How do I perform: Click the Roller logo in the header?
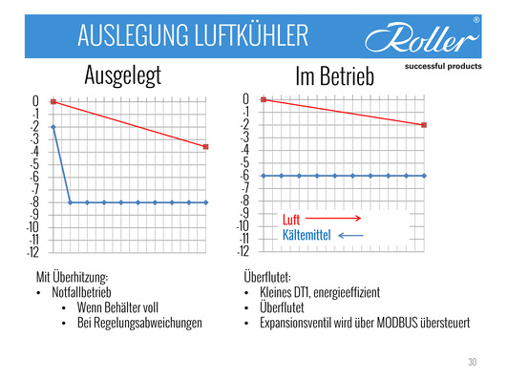point(421,38)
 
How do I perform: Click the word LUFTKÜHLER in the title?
point(245,36)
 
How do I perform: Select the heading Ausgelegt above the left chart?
point(128,75)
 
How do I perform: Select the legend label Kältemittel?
point(308,235)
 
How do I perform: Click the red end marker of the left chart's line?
point(206,146)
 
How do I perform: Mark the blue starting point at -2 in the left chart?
point(53,126)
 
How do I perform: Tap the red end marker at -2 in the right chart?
point(423,125)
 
